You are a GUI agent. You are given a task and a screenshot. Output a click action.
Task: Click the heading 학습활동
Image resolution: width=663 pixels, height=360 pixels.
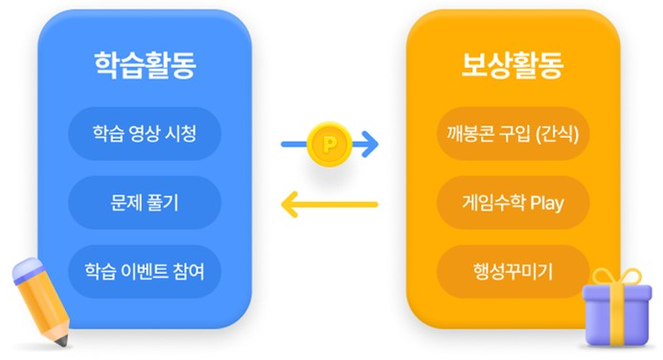coord(145,64)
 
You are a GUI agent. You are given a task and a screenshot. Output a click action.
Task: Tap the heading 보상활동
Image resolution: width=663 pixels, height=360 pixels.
coord(513,64)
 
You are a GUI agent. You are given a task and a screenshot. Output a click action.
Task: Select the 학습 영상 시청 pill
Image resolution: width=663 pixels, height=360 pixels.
coord(145,133)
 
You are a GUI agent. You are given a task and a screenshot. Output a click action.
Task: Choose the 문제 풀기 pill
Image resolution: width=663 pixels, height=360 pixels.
coord(145,202)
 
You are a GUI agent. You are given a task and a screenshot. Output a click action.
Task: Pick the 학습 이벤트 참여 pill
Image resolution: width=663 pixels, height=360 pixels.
coord(145,271)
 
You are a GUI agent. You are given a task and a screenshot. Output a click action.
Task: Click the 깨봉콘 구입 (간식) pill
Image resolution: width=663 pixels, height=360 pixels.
coord(513,133)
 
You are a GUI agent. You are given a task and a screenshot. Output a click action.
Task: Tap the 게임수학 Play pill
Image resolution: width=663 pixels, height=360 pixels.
coord(513,202)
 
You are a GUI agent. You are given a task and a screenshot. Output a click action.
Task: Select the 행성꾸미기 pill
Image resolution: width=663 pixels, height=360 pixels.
coord(513,271)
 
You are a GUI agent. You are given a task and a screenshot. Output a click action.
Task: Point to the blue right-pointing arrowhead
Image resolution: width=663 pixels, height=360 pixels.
coord(370,146)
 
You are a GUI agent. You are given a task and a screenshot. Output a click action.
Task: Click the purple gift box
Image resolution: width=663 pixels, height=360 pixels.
coord(617,316)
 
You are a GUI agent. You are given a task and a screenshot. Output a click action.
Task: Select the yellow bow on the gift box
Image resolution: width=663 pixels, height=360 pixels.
coord(617,278)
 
